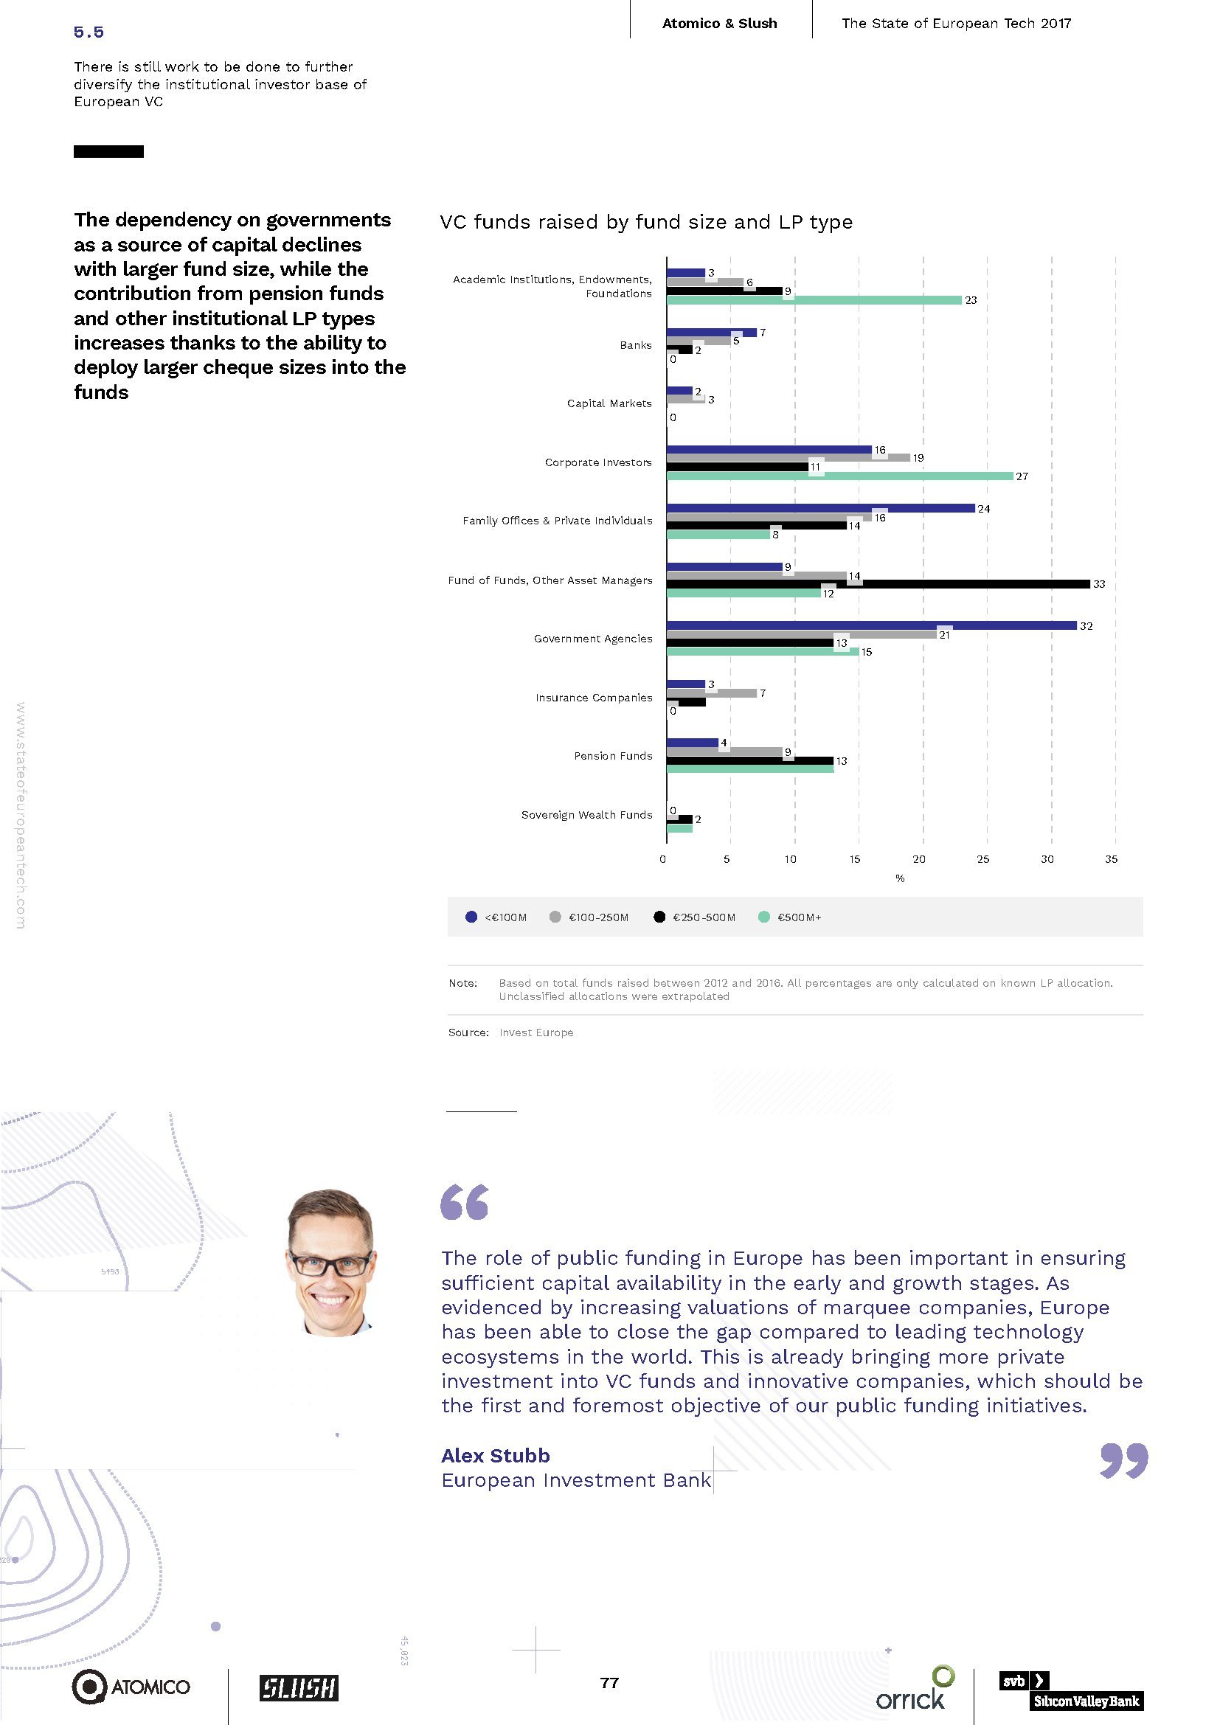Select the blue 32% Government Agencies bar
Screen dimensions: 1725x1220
point(871,625)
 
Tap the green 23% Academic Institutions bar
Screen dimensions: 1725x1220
point(814,299)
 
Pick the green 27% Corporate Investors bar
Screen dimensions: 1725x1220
point(839,476)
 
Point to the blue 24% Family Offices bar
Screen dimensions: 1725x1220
point(820,508)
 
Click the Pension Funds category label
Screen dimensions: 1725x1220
point(613,756)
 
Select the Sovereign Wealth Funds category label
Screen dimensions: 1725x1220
point(586,814)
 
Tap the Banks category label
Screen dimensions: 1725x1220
point(636,345)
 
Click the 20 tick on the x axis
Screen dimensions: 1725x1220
point(919,859)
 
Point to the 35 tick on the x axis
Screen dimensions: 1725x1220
point(1111,859)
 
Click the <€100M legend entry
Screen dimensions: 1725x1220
point(496,917)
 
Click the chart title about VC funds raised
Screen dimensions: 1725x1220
point(646,223)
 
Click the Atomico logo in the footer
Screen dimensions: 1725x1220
point(131,1687)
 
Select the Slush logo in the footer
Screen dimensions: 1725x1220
point(299,1687)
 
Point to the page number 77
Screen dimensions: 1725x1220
point(609,1682)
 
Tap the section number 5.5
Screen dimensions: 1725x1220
point(89,32)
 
